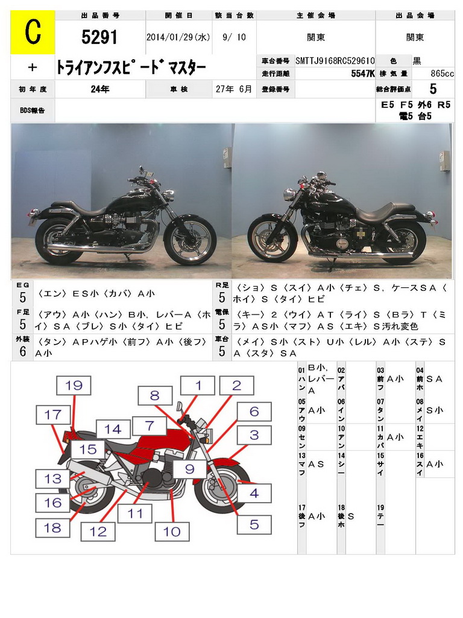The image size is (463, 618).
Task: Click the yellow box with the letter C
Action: [33, 33]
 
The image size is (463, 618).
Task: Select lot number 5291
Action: [99, 37]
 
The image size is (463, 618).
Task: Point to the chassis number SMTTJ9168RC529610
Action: [335, 61]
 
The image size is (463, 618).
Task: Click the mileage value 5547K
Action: [362, 74]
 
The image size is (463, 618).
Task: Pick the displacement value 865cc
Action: [442, 74]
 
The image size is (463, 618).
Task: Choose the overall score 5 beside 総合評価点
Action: [433, 89]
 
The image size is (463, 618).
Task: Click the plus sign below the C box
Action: [33, 68]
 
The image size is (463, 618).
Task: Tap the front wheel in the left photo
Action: [191, 239]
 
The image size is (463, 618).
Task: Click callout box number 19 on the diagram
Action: [74, 385]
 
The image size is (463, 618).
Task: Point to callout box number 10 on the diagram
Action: [172, 531]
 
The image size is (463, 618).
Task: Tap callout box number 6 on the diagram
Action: [254, 412]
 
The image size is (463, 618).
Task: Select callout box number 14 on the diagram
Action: [113, 429]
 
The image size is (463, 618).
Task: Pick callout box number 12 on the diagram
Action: [98, 531]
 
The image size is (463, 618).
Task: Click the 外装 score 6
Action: [23, 351]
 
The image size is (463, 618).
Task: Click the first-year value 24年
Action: [100, 89]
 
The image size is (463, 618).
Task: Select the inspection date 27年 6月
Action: [234, 89]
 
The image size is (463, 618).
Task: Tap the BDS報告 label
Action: [33, 110]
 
